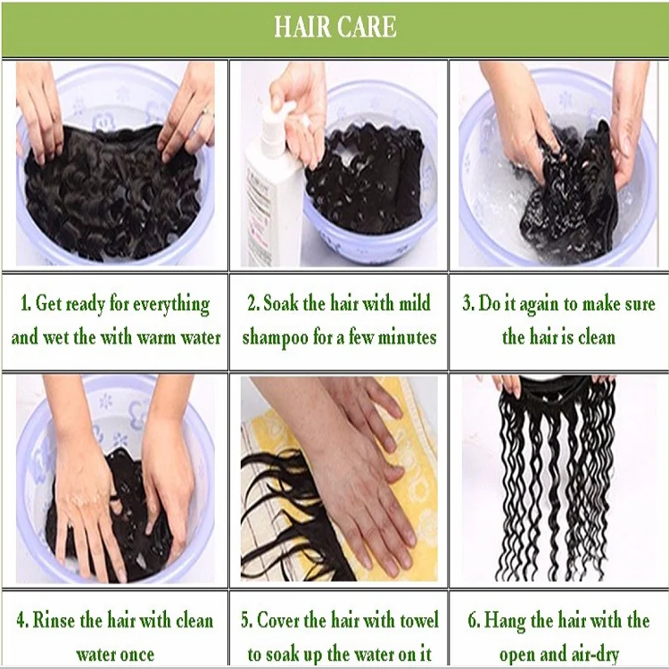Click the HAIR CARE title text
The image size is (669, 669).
click(334, 27)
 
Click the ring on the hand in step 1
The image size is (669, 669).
click(208, 113)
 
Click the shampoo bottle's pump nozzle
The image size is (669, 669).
click(284, 111)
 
